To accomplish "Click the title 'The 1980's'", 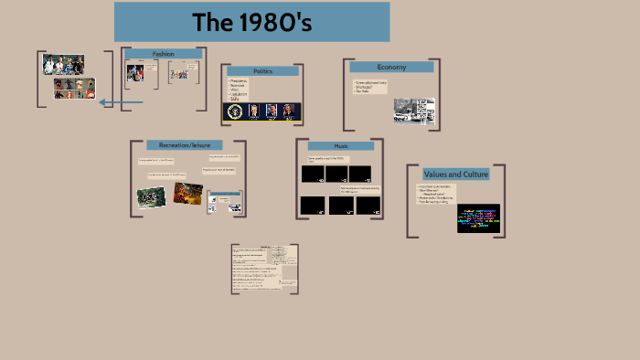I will click(x=251, y=23).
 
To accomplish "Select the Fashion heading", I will click(x=163, y=54).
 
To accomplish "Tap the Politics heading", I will click(x=262, y=70).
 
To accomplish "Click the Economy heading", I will click(x=390, y=67).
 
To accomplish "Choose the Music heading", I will click(x=340, y=146).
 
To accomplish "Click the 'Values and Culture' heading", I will click(x=455, y=174).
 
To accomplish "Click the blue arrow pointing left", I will click(x=120, y=102).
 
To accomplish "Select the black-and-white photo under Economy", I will click(x=414, y=111).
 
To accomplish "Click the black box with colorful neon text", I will click(x=478, y=218).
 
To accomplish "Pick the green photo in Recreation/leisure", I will click(x=151, y=196).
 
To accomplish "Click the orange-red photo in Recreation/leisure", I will click(x=187, y=193).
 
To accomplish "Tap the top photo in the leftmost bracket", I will click(x=63, y=65).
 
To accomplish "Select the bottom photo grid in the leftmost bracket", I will click(x=74, y=89).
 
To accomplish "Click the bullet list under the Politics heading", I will click(x=240, y=89).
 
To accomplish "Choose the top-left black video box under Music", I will click(x=313, y=174).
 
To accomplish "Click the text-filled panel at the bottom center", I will click(x=264, y=269).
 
